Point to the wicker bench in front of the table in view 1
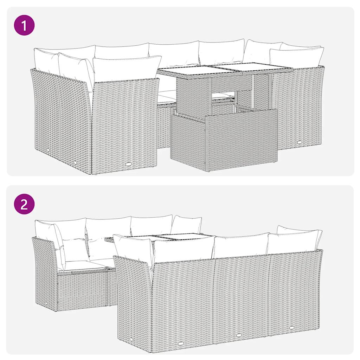(223, 139)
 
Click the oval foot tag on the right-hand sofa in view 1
(300, 142)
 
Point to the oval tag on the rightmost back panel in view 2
(292, 327)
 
